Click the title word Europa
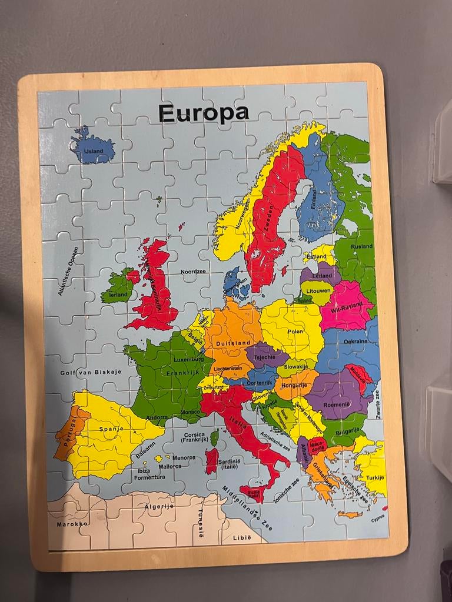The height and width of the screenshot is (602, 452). coord(203,112)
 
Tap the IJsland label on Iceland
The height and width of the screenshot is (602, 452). coord(93,151)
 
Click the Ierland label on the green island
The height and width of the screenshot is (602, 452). coord(118,294)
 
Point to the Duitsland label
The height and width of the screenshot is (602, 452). coord(233,342)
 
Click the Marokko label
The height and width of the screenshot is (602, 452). coord(72,523)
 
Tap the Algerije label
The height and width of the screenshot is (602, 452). coord(159,506)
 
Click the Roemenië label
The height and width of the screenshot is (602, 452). coord(336,404)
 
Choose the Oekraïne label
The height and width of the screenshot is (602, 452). coord(355,341)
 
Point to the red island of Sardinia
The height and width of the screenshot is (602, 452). coord(212,460)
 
